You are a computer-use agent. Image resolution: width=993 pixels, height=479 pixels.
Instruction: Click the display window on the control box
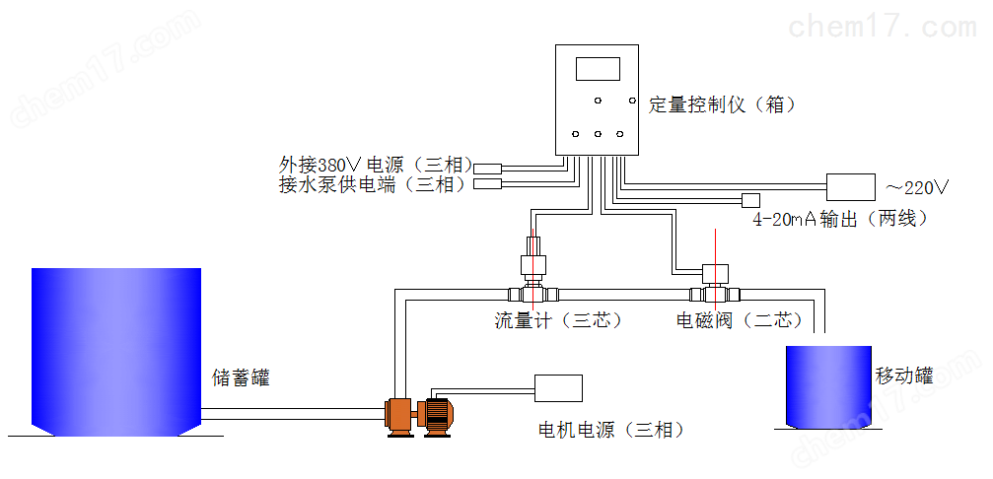598,69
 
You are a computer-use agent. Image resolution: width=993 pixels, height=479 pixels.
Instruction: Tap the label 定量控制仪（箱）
722,104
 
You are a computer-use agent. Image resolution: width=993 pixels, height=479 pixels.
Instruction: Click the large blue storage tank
116,352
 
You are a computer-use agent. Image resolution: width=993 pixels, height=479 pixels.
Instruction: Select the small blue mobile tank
828,386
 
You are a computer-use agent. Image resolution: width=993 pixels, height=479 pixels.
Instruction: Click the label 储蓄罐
241,378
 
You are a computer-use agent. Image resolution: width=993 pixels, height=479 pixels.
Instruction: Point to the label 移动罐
904,376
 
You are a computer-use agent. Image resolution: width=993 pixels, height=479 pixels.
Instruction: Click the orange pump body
400,416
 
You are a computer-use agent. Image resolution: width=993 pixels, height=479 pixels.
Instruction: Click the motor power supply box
558,388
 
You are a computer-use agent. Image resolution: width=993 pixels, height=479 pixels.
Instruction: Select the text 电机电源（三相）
611,431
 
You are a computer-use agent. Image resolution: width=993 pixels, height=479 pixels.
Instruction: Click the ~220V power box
851,187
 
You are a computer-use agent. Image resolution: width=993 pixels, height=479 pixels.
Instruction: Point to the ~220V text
918,187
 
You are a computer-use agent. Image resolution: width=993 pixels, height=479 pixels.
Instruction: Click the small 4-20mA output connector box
751,201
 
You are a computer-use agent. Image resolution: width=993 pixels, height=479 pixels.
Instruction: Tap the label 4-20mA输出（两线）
840,219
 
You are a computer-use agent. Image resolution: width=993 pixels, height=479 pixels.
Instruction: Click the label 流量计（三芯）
558,320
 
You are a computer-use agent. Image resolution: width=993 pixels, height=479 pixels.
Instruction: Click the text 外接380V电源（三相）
376,166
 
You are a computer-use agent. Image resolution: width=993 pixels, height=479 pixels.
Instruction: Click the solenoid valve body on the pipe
715,284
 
